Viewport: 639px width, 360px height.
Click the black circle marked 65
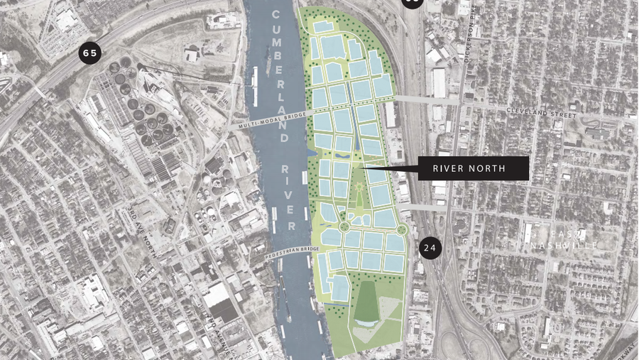pos(89,53)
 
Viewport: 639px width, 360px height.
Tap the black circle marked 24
pos(430,248)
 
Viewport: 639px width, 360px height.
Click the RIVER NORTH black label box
pos(471,168)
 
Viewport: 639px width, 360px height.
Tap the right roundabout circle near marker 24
pos(402,229)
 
